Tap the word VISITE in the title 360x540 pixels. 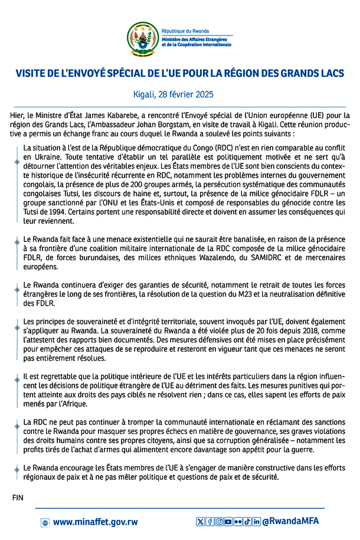pyautogui.click(x=34, y=74)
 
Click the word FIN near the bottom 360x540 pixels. pyautogui.click(x=18, y=498)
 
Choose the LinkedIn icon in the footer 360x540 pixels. pyautogui.click(x=256, y=522)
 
